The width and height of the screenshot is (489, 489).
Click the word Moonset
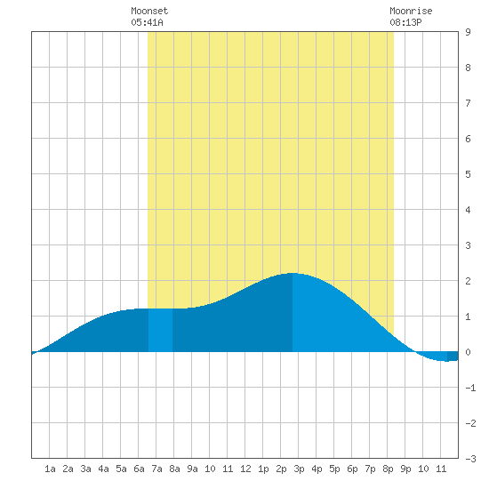[x=149, y=11]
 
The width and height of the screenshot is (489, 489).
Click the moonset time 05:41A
[x=147, y=22]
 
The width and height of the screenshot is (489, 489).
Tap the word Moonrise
[x=411, y=11]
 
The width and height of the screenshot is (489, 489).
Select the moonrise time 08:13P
[x=405, y=22]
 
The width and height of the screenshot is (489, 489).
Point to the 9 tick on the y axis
[x=468, y=32]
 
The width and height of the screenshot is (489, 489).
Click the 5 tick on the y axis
[x=468, y=174]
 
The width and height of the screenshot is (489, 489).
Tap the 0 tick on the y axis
[x=468, y=352]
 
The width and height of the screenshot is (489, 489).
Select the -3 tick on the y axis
[x=470, y=459]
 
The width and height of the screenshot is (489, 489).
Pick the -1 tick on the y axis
[x=470, y=388]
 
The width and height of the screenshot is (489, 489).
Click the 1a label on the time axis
[x=50, y=469]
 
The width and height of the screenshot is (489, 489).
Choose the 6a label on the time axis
[x=139, y=469]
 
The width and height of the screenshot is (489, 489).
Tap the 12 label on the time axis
[x=245, y=469]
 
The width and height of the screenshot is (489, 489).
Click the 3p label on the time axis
[x=299, y=469]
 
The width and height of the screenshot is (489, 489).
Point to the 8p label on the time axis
[x=388, y=469]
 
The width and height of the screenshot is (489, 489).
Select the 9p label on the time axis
[x=405, y=469]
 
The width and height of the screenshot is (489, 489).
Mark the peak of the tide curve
[x=293, y=273]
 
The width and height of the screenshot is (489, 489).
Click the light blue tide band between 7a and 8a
[x=160, y=330]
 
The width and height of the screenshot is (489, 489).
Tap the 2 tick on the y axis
[x=468, y=281]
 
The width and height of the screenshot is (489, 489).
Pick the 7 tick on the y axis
[x=468, y=103]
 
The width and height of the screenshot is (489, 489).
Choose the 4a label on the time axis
[x=103, y=469]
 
